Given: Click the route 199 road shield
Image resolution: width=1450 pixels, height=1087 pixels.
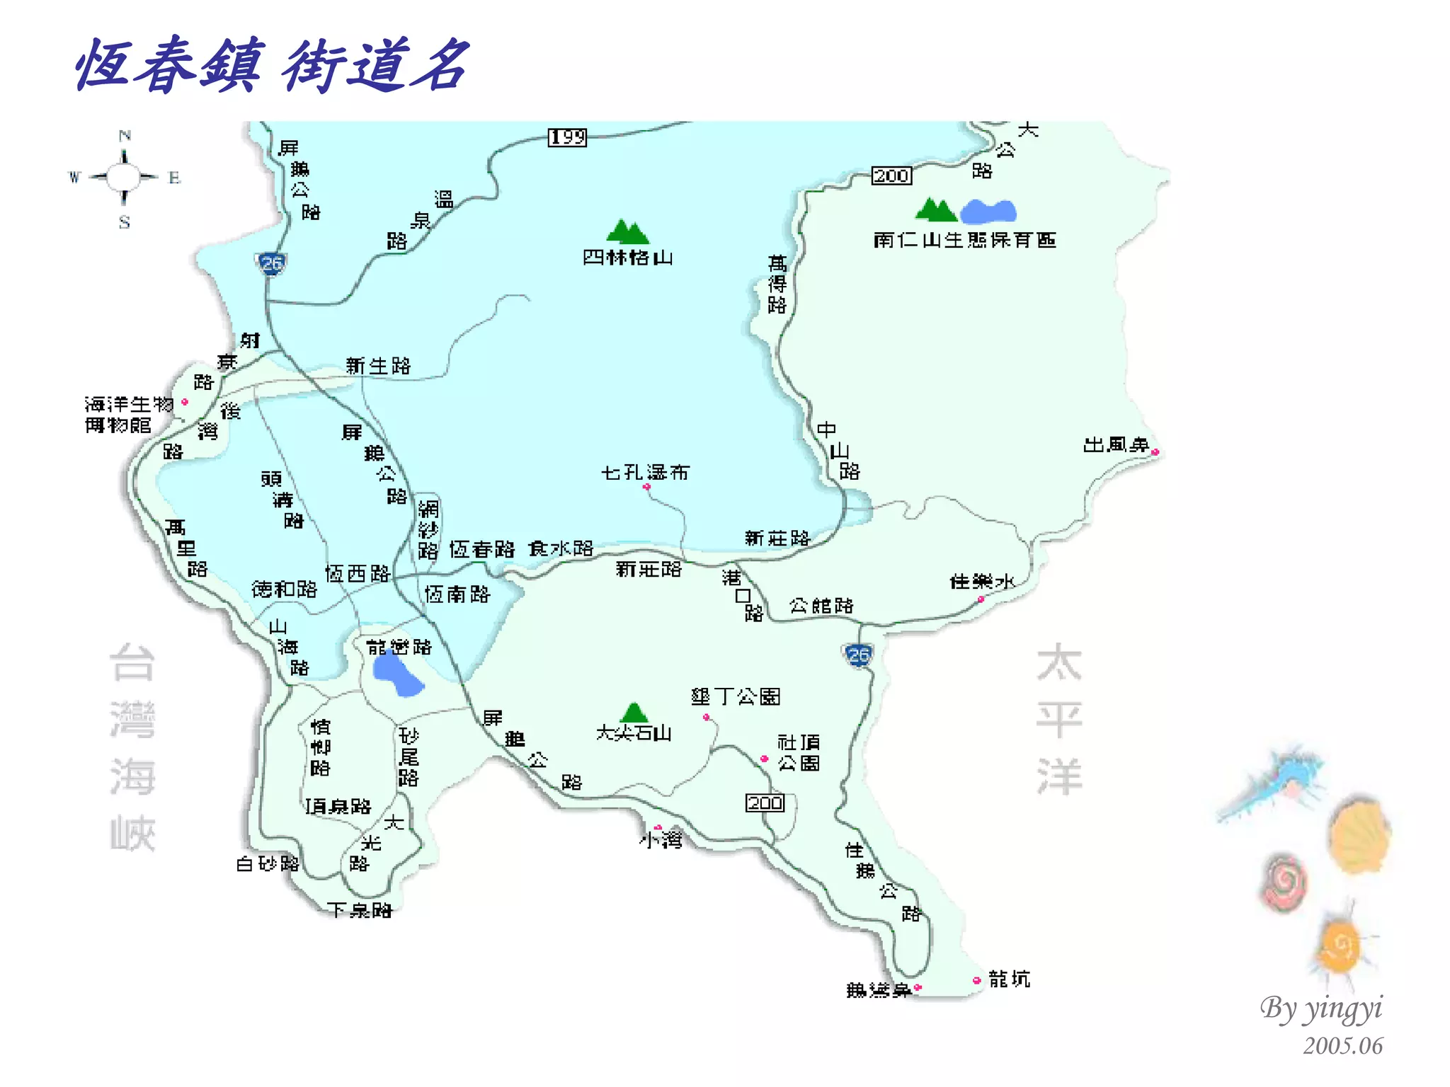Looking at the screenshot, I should tap(567, 137).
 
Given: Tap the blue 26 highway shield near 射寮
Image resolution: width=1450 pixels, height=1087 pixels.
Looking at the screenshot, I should tap(271, 264).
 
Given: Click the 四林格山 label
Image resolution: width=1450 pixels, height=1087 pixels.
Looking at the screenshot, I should tap(627, 258).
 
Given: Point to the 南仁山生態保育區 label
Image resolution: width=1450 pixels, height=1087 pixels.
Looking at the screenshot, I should tap(964, 241).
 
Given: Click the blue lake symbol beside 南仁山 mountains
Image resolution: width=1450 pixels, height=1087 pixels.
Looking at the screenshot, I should tap(988, 211).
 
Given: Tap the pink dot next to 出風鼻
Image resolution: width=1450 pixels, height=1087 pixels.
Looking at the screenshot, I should tap(1155, 452).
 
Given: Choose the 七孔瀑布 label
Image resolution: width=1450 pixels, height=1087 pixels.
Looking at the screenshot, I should tap(645, 473).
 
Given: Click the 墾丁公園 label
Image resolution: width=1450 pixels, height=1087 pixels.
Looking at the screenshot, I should tap(736, 697).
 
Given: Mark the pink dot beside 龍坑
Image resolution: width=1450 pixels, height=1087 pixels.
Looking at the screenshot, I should tap(977, 980).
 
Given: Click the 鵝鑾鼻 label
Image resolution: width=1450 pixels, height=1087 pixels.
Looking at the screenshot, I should tap(878, 990).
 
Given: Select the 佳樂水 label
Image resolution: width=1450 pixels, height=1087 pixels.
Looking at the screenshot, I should tap(981, 582).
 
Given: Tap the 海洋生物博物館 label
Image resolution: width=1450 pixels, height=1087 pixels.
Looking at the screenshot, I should tap(127, 415).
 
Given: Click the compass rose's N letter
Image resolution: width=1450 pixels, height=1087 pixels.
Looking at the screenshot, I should tap(125, 136).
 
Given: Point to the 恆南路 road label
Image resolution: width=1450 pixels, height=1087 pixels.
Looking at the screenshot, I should tap(457, 594).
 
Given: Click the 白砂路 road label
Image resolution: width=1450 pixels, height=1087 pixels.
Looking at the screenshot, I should tap(268, 864).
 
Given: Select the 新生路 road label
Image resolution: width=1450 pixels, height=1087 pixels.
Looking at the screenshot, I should tap(378, 366).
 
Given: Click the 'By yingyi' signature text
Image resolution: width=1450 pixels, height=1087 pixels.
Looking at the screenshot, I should tap(1320, 1008).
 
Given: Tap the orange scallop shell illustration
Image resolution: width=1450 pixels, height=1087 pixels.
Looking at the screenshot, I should tap(1359, 835).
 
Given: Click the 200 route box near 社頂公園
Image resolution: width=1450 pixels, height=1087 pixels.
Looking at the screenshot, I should tap(765, 803).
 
